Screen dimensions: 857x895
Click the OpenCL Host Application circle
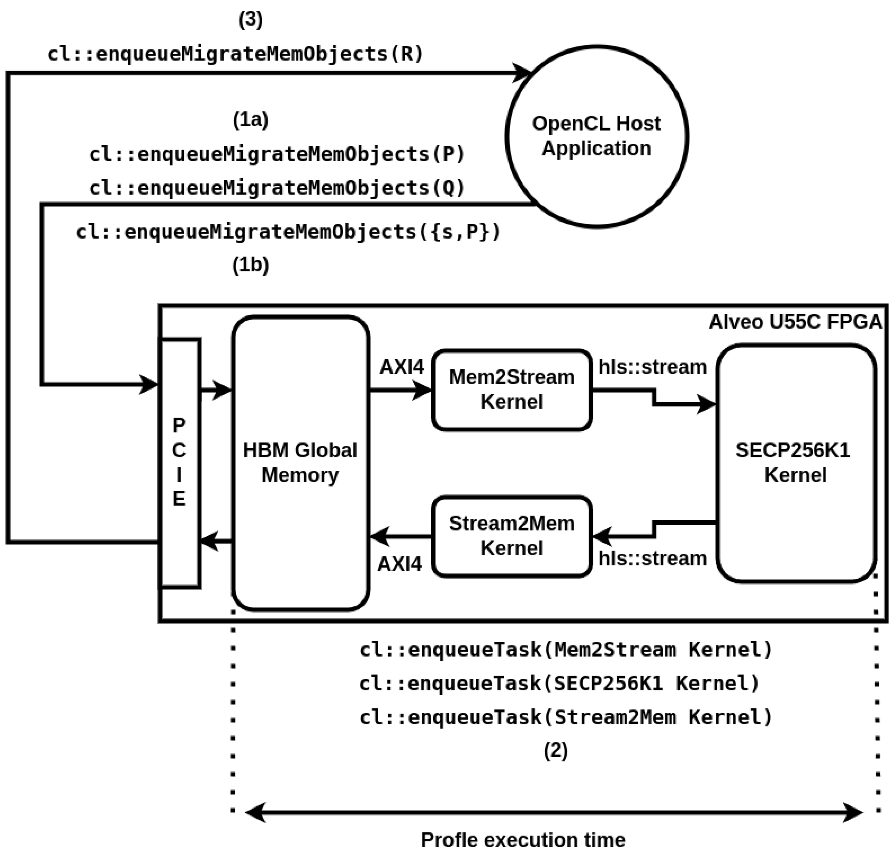pos(596,136)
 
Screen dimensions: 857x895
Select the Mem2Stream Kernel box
pos(511,389)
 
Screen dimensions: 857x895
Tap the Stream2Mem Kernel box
pos(511,536)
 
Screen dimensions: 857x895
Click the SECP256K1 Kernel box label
pos(795,462)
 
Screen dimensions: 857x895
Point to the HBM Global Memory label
pos(300,462)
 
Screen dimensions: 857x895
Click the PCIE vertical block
pos(180,462)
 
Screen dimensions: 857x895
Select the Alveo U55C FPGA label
pos(795,322)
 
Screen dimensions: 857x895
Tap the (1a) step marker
pos(251,120)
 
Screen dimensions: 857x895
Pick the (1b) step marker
pos(251,265)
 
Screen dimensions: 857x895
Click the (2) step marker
pos(555,750)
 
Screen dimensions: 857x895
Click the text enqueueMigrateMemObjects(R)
pos(235,54)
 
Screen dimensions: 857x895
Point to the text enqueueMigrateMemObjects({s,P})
pos(288,232)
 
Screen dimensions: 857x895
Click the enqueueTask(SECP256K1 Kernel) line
pos(559,684)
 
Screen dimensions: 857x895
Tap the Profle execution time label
pos(523,840)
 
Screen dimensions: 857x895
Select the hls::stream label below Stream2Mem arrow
pos(653,558)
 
